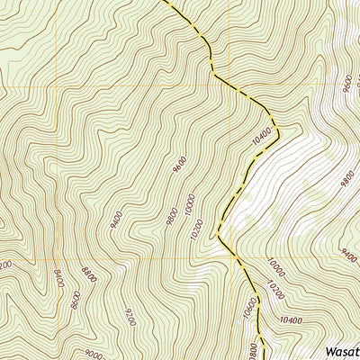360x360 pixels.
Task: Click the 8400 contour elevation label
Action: pyautogui.click(x=59, y=280)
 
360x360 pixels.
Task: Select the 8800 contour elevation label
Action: pyautogui.click(x=88, y=274)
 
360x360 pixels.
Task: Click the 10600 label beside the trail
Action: pyautogui.click(x=251, y=308)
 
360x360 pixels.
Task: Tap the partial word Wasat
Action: pyautogui.click(x=342, y=350)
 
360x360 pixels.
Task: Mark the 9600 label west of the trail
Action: pyautogui.click(x=180, y=164)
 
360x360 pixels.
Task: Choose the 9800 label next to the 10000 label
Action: pyautogui.click(x=172, y=215)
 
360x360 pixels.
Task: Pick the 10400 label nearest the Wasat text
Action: pyautogui.click(x=290, y=320)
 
